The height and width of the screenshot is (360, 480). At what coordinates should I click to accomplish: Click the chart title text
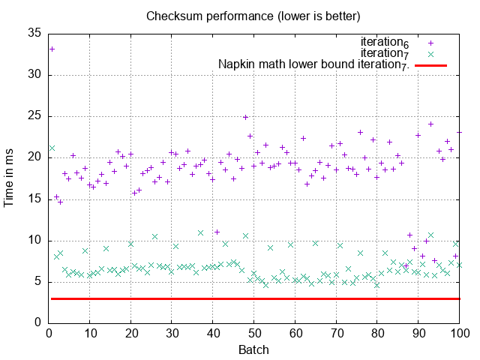pyautogui.click(x=253, y=16)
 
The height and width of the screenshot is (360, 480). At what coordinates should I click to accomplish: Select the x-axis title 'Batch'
pyautogui.click(x=253, y=349)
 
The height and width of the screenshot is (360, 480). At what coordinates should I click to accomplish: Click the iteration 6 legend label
pyautogui.click(x=385, y=42)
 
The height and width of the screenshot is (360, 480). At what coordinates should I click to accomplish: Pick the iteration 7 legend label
pyautogui.click(x=385, y=53)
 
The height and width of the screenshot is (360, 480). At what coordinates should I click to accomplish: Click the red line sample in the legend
pyautogui.click(x=430, y=66)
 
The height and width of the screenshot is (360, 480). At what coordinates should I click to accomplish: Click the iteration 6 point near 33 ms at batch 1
pyautogui.click(x=52, y=49)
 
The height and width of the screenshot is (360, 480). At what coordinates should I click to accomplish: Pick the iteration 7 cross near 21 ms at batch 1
pyautogui.click(x=52, y=148)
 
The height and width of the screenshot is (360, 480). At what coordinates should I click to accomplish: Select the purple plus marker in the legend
pyautogui.click(x=430, y=43)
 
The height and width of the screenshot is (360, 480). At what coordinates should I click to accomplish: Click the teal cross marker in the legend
pyautogui.click(x=430, y=54)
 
